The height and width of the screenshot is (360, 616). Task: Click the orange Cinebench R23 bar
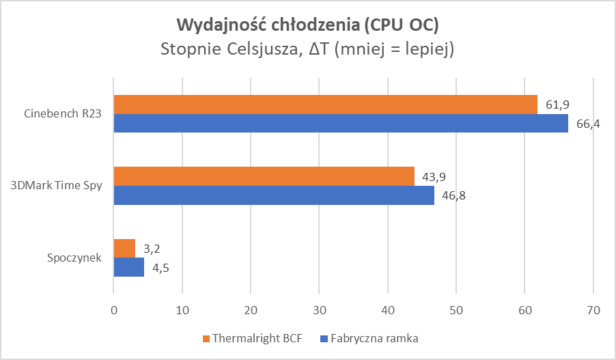[325, 105]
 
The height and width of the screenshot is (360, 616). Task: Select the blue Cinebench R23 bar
[340, 123]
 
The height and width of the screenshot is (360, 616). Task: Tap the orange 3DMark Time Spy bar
[264, 176]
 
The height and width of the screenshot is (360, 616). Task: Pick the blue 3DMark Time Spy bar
[273, 195]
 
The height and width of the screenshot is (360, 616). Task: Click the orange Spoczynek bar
[124, 248]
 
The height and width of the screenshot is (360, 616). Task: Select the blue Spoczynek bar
[128, 267]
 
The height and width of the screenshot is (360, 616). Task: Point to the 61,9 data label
[558, 105]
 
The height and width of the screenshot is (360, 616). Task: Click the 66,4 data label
[589, 124]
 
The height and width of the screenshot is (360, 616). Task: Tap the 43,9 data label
[435, 176]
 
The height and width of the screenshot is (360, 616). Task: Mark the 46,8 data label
[455, 195]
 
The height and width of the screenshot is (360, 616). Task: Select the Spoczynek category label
[75, 258]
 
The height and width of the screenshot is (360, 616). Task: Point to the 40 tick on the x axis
[388, 310]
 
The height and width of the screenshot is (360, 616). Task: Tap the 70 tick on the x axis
[593, 310]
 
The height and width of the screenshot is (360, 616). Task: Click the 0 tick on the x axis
[114, 310]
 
